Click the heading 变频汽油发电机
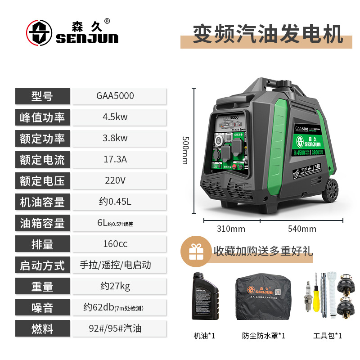point(268,34)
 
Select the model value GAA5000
point(115,96)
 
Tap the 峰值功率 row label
point(42,117)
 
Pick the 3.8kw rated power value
point(115,138)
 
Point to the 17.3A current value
point(115,159)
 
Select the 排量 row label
point(42,244)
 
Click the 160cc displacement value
point(115,244)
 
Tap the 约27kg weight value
point(116,286)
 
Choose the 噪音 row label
point(42,307)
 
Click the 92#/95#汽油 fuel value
point(115,328)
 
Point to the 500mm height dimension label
point(184,150)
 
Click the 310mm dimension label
point(231,229)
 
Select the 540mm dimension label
point(302,229)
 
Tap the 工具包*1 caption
point(328,336)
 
